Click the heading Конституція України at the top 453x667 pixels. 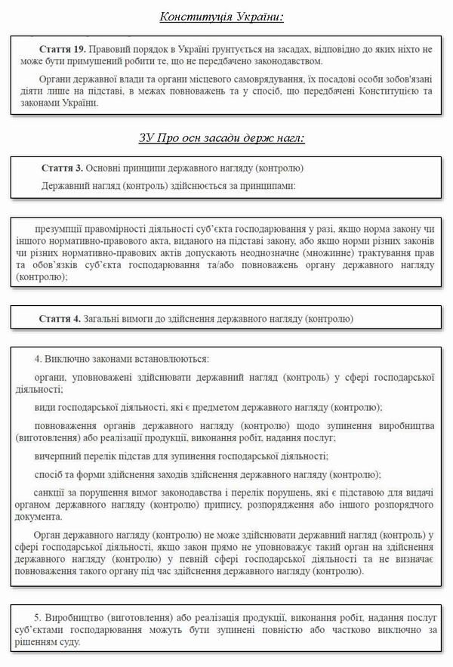click(226, 17)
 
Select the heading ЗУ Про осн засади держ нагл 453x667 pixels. click(221, 139)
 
